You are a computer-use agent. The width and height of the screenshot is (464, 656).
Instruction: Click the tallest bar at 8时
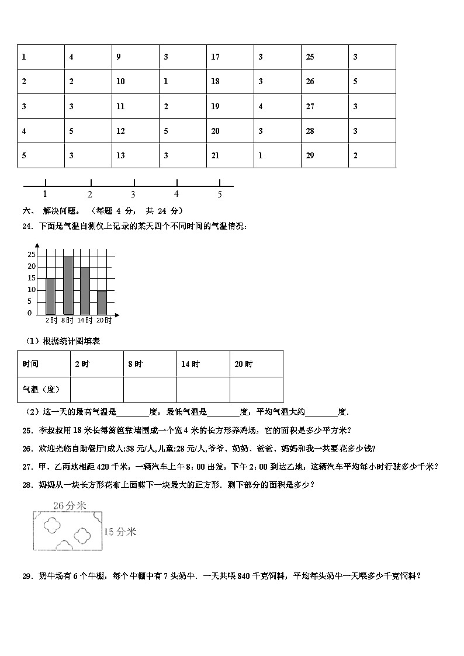[68, 285]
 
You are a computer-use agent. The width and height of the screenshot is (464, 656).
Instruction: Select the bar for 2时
[50, 296]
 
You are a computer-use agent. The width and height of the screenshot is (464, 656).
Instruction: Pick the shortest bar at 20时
[102, 303]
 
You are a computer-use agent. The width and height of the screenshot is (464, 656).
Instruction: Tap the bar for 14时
[85, 291]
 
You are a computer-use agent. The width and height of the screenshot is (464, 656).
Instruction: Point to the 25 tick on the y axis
[32, 255]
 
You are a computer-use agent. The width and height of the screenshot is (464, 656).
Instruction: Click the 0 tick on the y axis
[30, 313]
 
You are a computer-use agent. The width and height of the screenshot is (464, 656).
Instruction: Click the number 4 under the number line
[176, 194]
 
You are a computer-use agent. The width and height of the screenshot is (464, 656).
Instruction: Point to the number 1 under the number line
[45, 194]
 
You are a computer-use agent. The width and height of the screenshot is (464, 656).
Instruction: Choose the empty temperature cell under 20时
[256, 390]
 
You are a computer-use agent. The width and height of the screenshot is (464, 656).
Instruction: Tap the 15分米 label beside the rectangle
[120, 532]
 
